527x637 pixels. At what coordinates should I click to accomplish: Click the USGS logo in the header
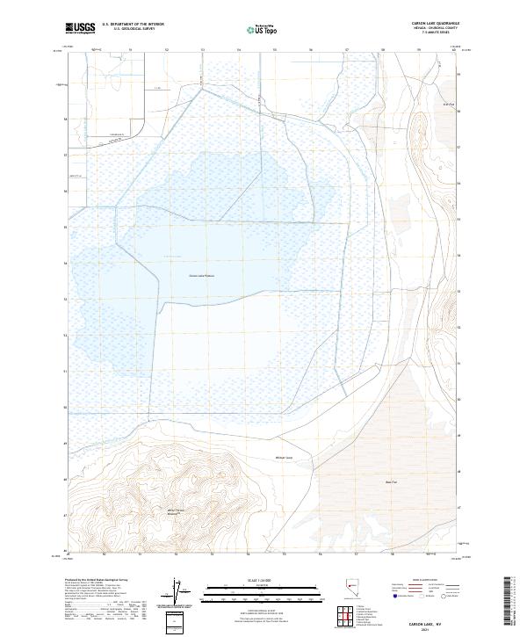pos(80,28)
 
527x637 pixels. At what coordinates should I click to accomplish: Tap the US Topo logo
pos(265,29)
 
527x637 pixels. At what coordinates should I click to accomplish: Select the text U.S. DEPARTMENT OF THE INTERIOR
pos(133,25)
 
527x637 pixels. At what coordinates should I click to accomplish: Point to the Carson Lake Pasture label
pos(201,275)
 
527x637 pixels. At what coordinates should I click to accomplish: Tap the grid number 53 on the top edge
pos(202,50)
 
